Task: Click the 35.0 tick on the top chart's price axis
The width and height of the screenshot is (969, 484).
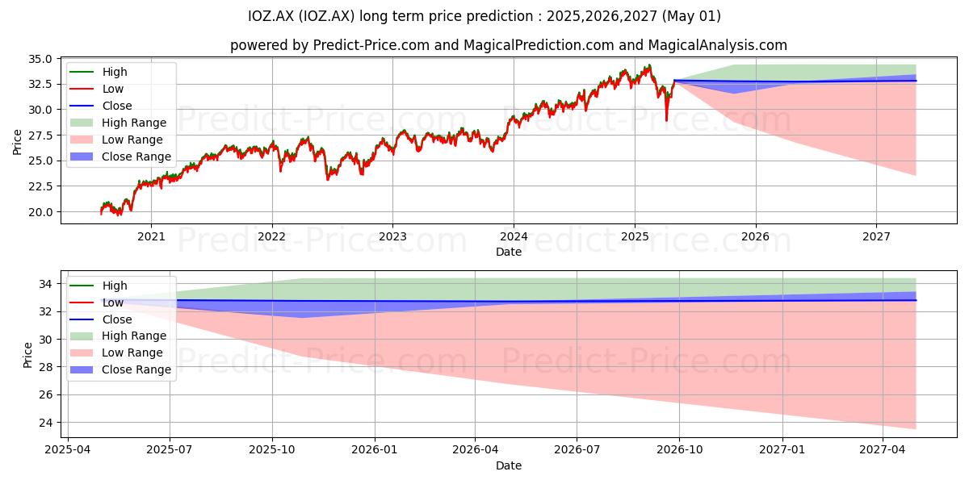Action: [x=40, y=59]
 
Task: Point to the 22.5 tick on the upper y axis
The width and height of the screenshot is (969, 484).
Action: [x=40, y=186]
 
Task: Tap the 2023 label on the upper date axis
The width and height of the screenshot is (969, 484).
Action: [x=392, y=237]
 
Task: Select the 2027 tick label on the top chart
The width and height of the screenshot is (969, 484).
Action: [x=876, y=237]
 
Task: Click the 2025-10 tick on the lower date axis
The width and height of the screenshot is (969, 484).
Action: [x=272, y=450]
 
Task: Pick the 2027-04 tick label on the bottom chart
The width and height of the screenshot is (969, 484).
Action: [x=883, y=450]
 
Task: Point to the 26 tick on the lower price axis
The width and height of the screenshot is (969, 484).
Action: [x=45, y=394]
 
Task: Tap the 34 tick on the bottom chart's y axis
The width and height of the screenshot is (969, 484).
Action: [x=45, y=284]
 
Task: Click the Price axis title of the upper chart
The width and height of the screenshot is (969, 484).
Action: [x=17, y=142]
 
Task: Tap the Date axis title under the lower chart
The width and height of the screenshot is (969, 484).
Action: [x=509, y=466]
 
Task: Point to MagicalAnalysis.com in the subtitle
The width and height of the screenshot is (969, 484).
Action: [x=717, y=45]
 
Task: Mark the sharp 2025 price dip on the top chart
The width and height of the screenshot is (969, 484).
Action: [x=667, y=120]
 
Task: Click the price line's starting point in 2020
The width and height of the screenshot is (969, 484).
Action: [x=101, y=214]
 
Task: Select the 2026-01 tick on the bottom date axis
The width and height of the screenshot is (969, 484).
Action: [x=375, y=450]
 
